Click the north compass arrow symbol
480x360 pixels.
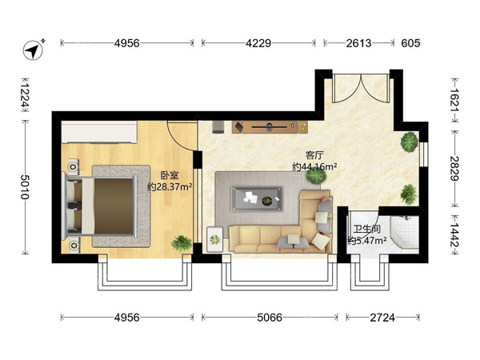33,50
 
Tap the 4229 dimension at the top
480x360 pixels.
258,43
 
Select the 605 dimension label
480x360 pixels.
410,43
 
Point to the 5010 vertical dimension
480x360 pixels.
25,186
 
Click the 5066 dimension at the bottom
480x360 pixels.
270,318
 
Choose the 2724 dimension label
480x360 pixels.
382,318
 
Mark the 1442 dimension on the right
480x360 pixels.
454,234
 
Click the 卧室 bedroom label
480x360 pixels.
170,175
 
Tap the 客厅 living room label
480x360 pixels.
314,155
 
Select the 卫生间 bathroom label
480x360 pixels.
366,229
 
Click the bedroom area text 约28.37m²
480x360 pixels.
170,186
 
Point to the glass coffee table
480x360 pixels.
256,198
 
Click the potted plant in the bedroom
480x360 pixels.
182,243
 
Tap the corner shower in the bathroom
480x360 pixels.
404,232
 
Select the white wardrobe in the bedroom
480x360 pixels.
99,132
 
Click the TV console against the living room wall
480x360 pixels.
270,127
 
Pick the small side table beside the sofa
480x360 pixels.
214,239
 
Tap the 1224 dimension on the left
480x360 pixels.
25,95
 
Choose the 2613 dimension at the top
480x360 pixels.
358,43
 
